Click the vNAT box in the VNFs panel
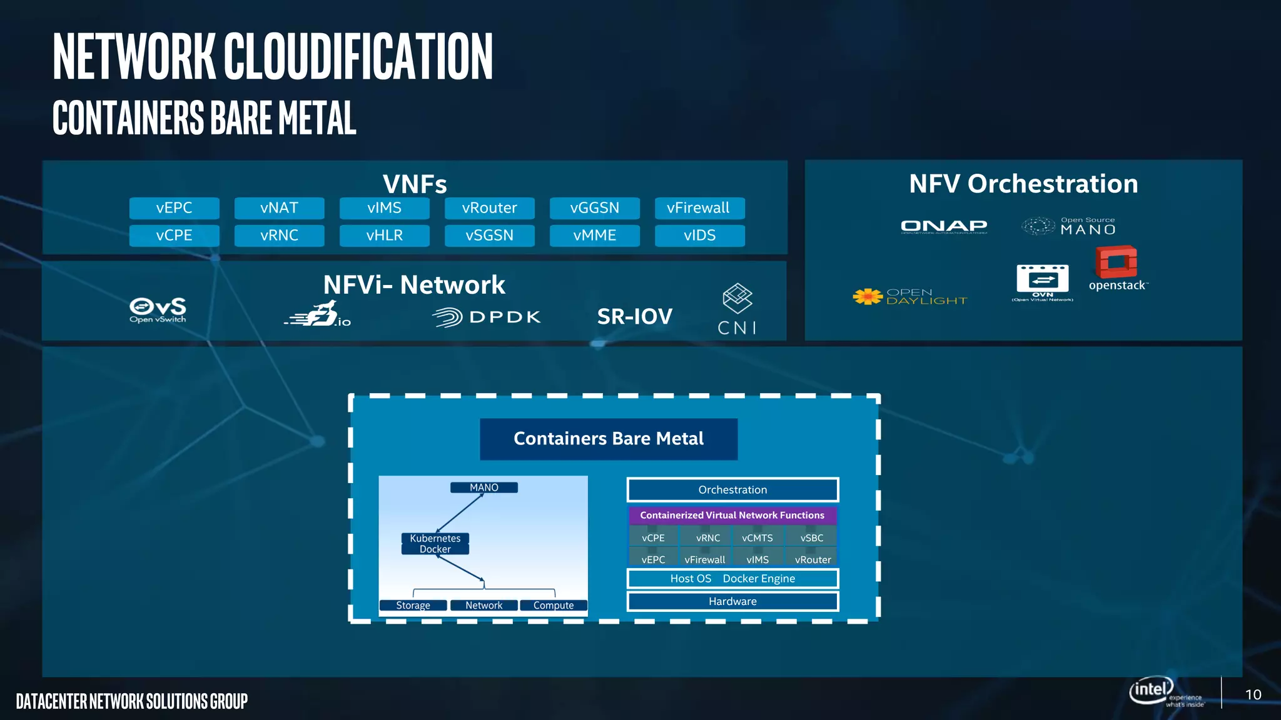279,208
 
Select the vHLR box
384,236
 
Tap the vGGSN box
594,208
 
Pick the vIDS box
699,236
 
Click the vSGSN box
489,236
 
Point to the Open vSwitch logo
158,309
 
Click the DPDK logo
487,317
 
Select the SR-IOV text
634,317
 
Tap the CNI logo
737,309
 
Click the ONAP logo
944,226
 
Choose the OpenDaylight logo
910,297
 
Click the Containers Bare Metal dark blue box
609,439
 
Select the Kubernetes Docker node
435,544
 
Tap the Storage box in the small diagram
413,605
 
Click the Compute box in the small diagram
554,605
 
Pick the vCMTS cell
757,537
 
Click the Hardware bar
732,601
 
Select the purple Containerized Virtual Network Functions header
732,515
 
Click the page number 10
1253,694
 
